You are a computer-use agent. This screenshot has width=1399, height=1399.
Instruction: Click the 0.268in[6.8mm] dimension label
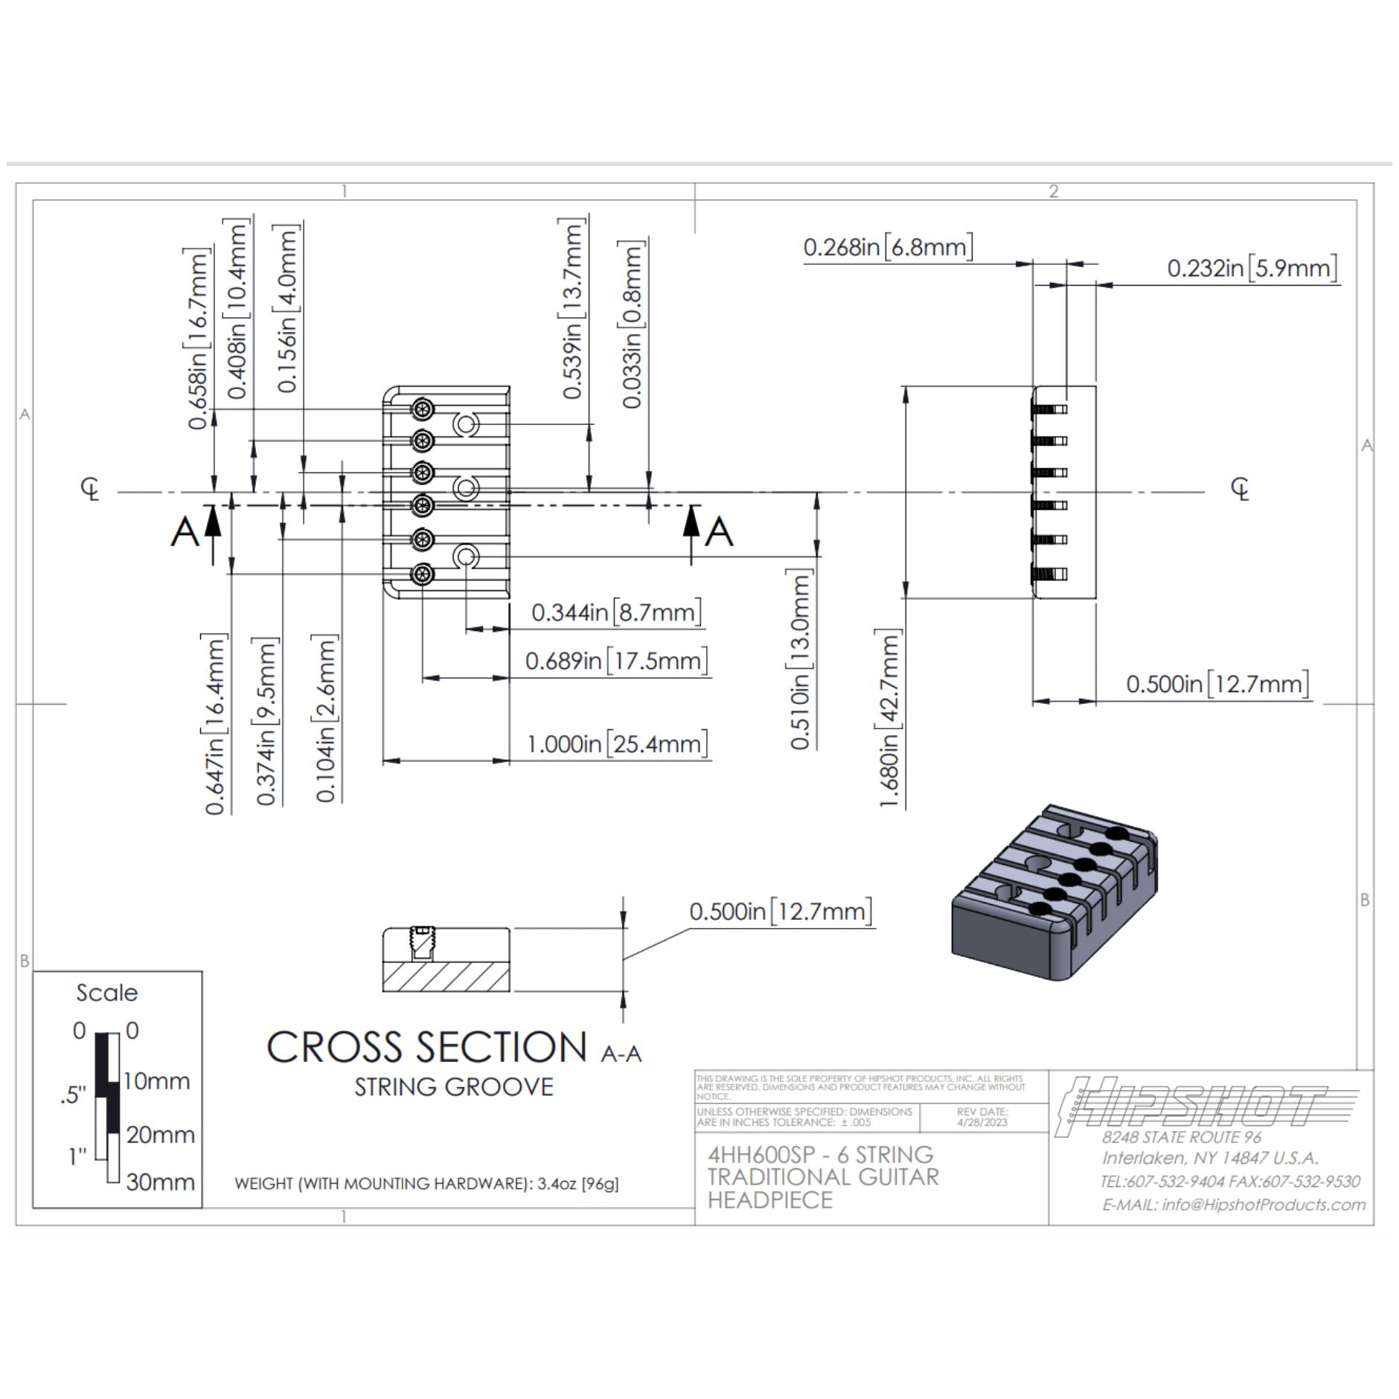[x=888, y=247]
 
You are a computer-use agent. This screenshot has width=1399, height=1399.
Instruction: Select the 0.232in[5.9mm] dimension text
[x=1252, y=268]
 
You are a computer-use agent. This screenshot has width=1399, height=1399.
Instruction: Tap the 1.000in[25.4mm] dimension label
[x=617, y=743]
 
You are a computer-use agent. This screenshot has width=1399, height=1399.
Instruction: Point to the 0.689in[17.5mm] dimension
[x=616, y=661]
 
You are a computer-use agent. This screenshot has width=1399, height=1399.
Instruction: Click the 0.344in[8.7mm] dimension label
[x=616, y=612]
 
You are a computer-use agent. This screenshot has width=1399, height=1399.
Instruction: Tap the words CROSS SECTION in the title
[x=427, y=1048]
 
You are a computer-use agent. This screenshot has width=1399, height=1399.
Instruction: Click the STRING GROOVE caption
[x=454, y=1087]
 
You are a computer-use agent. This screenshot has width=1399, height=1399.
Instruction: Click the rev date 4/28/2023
[x=982, y=1122]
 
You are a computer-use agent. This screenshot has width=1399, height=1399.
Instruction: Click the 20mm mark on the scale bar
[x=160, y=1135]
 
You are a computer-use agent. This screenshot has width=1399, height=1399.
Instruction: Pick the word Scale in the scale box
[x=107, y=993]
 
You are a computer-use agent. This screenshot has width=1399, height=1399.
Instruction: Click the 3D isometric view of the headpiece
[x=1054, y=892]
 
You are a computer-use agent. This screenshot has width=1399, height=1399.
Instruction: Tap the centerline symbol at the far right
[x=1240, y=489]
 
